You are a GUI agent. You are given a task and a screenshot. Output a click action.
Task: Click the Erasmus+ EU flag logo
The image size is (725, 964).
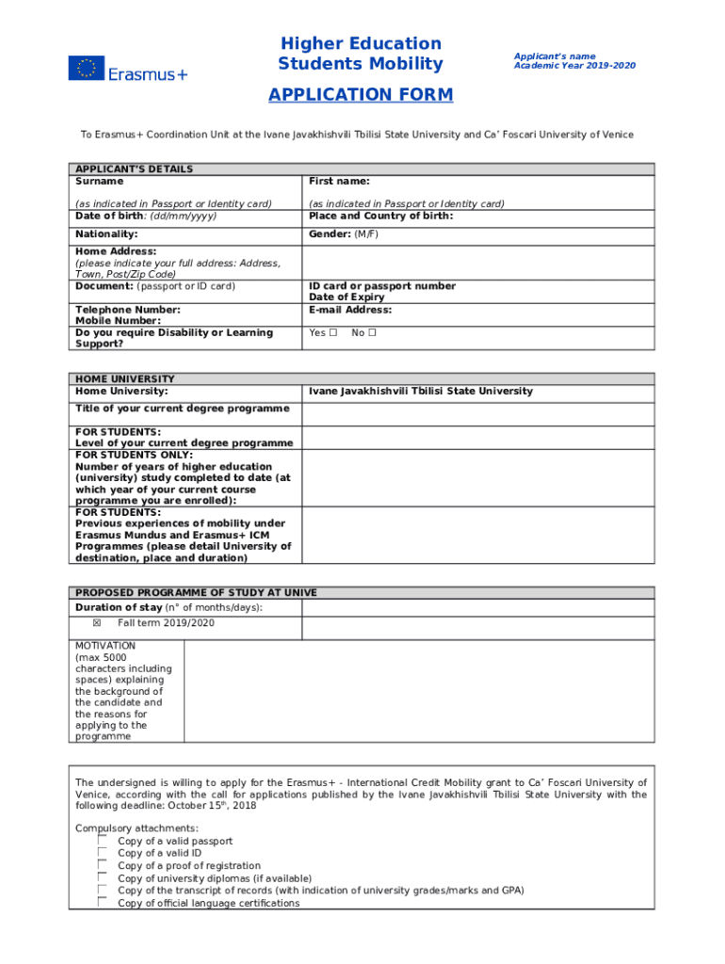point(86,68)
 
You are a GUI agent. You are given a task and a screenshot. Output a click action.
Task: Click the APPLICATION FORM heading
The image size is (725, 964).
point(361,95)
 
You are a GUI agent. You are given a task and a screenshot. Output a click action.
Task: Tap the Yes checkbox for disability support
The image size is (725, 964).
point(333,332)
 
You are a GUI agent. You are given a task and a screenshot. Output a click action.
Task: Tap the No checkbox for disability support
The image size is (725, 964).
point(372,332)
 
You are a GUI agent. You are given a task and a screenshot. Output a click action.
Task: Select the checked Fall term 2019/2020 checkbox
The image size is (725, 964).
point(96,623)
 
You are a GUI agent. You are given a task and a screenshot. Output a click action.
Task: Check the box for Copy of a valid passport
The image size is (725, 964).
point(102,841)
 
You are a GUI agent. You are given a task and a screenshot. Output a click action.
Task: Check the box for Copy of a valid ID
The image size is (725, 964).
point(102,853)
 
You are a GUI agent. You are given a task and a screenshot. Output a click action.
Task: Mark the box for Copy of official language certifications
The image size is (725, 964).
point(102,903)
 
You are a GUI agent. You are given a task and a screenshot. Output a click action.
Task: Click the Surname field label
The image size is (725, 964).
point(99,181)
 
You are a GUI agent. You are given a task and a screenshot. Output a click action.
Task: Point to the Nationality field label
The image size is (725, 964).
point(106,233)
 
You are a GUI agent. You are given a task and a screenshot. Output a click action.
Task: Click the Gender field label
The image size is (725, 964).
point(330,233)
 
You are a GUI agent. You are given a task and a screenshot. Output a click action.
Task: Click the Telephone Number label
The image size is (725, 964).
point(128,310)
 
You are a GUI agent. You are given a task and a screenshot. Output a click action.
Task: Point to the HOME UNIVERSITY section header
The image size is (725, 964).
point(125,379)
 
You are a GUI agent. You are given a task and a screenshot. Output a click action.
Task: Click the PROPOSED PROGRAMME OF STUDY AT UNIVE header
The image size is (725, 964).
point(196,593)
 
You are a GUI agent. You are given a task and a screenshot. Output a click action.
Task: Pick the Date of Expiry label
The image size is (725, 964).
point(346,297)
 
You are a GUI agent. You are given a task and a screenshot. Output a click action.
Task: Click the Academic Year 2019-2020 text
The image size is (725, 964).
point(574,66)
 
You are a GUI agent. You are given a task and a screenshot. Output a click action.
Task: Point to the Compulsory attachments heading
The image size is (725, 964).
point(137,828)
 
